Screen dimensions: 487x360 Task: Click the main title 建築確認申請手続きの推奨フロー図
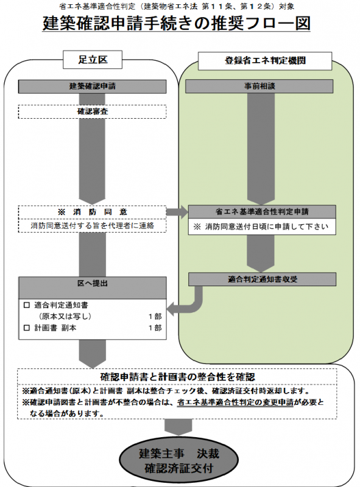pyautogui.click(x=177, y=24)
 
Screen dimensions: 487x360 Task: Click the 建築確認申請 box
pyautogui.click(x=93, y=86)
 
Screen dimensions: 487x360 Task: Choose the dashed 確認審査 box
pyautogui.click(x=93, y=113)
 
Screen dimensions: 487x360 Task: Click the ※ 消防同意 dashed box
pyautogui.click(x=93, y=212)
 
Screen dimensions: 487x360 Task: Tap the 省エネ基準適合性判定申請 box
pyautogui.click(x=262, y=212)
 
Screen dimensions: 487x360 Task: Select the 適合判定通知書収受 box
pyautogui.click(x=262, y=279)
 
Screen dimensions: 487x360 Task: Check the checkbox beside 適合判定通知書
pyautogui.click(x=26, y=304)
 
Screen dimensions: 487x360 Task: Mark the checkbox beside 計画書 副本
pyautogui.click(x=26, y=328)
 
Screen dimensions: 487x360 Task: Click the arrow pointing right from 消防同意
pyautogui.click(x=177, y=212)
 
